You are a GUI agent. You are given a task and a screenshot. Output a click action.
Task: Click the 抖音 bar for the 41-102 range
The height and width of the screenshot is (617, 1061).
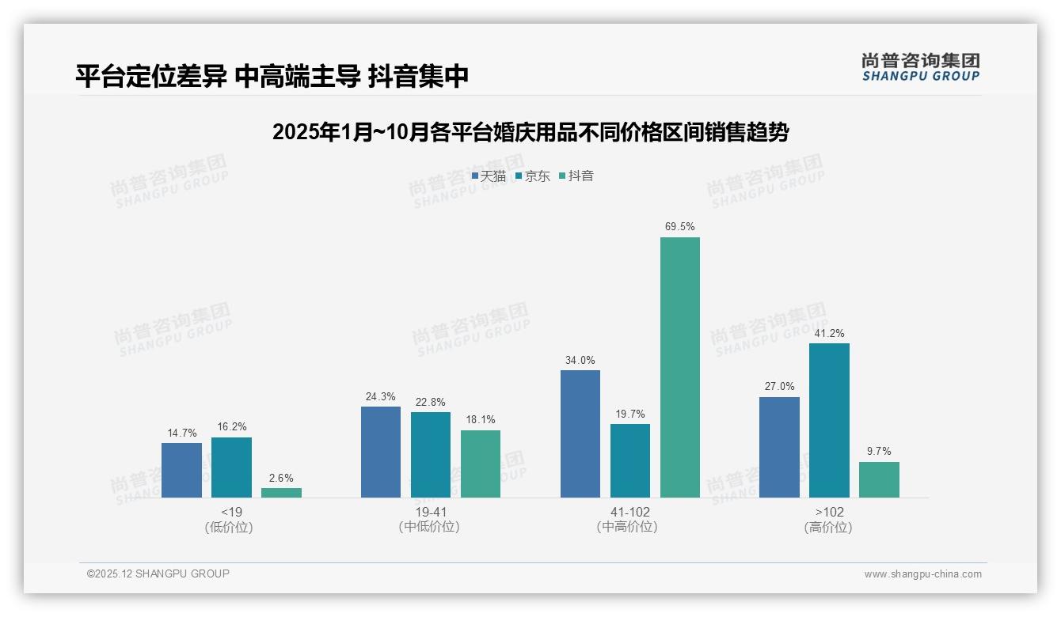[x=680, y=367]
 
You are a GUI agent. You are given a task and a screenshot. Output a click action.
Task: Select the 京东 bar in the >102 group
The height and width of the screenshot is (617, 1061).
[x=829, y=420]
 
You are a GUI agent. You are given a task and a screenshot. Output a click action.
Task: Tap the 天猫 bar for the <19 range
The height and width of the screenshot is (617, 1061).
[x=181, y=470]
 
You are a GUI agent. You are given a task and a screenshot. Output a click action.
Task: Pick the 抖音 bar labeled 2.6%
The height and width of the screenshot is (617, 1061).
[x=281, y=492]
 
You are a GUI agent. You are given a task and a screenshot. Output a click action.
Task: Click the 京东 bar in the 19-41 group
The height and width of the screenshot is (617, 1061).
[x=431, y=455]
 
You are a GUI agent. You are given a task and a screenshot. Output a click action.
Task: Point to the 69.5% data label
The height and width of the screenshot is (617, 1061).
[x=680, y=227]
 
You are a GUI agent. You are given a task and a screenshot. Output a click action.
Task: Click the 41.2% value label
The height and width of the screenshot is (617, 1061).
[x=829, y=333]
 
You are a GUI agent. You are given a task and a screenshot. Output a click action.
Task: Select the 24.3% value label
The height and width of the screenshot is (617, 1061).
[x=381, y=397]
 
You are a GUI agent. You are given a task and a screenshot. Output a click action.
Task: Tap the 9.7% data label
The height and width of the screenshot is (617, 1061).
[x=879, y=452]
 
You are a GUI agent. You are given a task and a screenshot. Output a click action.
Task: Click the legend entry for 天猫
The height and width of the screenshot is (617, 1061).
[x=489, y=176]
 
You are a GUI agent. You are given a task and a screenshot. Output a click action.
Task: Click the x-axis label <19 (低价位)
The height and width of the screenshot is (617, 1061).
[x=231, y=519]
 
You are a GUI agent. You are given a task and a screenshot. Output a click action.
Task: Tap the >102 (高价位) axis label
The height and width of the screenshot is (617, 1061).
[x=829, y=519]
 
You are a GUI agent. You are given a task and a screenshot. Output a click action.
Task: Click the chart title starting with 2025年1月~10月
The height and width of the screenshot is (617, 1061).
[x=530, y=132]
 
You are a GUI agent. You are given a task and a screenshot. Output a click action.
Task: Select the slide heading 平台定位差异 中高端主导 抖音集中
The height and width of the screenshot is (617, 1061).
[x=272, y=76]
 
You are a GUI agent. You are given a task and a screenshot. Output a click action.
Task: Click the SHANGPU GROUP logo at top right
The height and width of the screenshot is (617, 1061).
[x=920, y=67]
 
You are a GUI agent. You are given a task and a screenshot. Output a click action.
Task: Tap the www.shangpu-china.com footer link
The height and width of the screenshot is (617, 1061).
[x=922, y=574]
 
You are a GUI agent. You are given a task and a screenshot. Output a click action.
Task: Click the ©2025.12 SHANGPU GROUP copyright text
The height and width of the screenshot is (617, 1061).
[x=158, y=573]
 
